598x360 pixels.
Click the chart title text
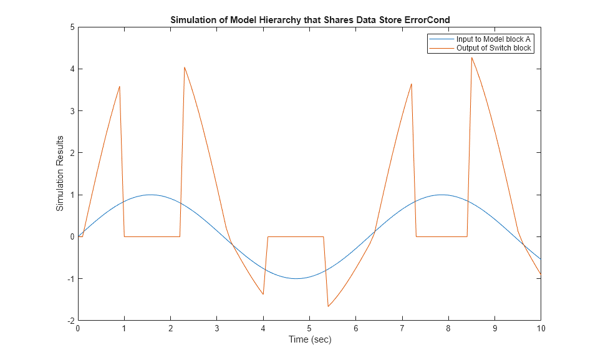pos(310,20)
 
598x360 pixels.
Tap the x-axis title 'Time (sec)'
pos(309,339)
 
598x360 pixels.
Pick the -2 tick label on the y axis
pos(70,320)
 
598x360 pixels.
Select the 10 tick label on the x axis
pos(541,328)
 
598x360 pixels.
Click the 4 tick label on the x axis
pos(263,328)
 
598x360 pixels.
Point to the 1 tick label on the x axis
pos(124,328)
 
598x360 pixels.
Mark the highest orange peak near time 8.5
pos(471,57)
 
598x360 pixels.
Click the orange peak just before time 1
pos(119,86)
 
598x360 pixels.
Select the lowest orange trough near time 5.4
pos(328,306)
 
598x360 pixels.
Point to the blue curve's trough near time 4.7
pos(296,278)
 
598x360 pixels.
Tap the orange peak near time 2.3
pos(185,67)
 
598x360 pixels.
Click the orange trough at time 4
pos(263,294)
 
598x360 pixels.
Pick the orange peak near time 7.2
pos(412,84)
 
